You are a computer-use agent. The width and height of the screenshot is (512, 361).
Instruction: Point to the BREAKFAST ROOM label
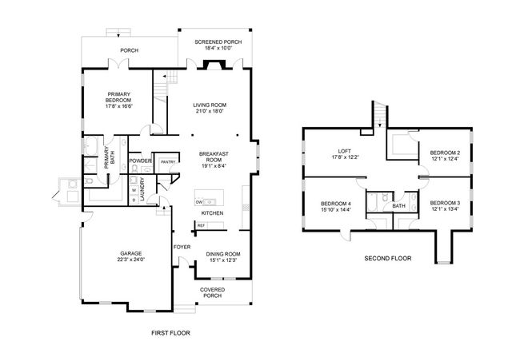pos(213,157)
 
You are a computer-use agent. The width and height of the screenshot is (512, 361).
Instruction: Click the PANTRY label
pos(168,162)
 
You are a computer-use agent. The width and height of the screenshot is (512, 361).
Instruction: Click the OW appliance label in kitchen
pos(199,202)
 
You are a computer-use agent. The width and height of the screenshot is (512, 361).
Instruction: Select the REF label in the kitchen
pos(201,225)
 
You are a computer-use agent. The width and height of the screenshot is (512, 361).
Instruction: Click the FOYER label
pos(182,247)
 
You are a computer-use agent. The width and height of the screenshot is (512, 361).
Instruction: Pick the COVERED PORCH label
pos(212,292)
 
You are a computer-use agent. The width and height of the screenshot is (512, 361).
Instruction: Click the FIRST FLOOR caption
pos(170,332)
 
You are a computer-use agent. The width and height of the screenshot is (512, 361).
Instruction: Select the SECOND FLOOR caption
pos(387,259)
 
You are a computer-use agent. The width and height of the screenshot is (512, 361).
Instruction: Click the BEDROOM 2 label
pos(444,152)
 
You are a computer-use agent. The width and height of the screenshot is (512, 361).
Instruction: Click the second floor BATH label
pos(398,206)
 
